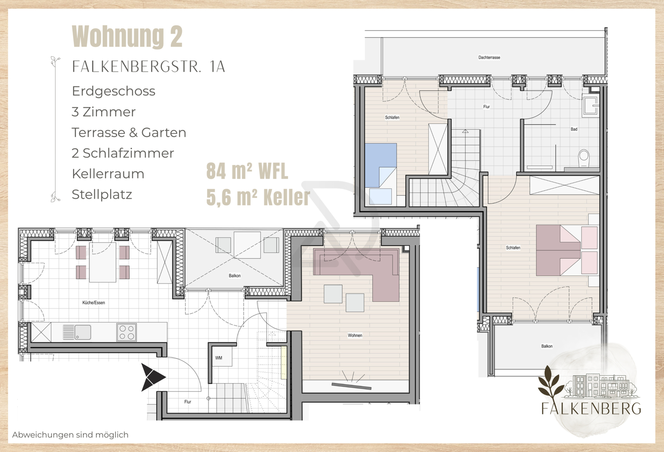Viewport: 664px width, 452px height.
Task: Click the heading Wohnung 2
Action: (x=127, y=37)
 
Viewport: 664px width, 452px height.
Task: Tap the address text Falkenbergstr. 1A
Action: (x=148, y=67)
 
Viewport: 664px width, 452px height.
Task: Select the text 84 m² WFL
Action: (x=247, y=172)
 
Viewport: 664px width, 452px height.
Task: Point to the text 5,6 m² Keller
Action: (x=258, y=197)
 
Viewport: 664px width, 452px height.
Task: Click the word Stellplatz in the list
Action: (x=102, y=194)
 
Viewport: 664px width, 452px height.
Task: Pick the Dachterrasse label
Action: (x=489, y=58)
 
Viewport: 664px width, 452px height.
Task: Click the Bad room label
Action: (x=574, y=129)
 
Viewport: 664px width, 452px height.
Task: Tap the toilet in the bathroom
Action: (x=584, y=158)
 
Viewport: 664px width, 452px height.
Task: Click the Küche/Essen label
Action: (x=94, y=303)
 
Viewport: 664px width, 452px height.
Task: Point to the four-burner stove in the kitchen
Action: (x=126, y=332)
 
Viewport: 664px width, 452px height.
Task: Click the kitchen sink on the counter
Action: (x=82, y=332)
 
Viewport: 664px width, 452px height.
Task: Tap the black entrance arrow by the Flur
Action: (x=152, y=377)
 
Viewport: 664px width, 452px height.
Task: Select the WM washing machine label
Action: (x=218, y=358)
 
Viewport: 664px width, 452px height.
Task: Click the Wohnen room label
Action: (x=355, y=336)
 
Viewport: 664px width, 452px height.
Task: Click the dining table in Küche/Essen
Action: (x=103, y=262)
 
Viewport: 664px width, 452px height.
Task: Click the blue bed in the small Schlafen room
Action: (x=380, y=164)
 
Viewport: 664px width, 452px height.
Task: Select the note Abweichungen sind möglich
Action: (x=70, y=435)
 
